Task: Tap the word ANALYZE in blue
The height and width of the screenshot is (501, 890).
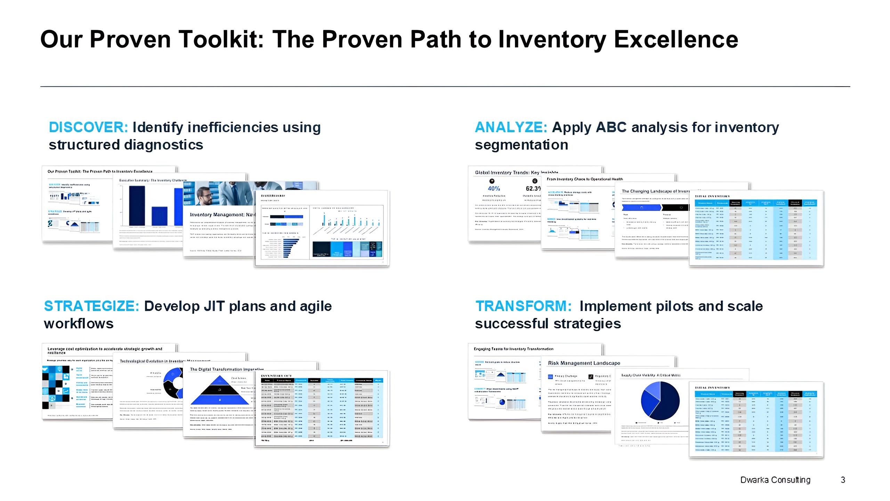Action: click(x=511, y=127)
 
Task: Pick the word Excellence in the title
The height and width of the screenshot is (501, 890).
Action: click(x=676, y=39)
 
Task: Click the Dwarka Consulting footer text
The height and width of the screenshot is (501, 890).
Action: click(x=775, y=480)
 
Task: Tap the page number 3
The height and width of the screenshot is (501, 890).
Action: click(x=843, y=480)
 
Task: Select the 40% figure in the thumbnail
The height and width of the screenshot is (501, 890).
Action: click(x=494, y=188)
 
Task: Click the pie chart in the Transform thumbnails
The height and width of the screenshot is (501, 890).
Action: click(x=660, y=401)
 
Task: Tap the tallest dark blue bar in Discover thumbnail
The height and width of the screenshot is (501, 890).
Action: click(x=137, y=206)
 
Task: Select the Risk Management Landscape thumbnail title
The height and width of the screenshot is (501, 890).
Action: click(x=584, y=363)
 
